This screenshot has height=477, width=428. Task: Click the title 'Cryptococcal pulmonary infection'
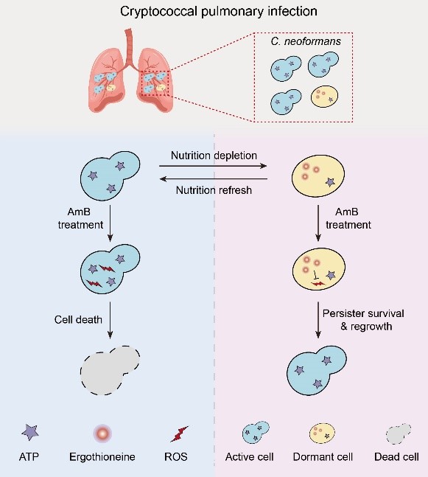[219, 12]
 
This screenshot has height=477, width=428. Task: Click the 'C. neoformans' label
[306, 41]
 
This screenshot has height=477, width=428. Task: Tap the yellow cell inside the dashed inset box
[324, 97]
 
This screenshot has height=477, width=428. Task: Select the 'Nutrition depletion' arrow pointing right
[213, 166]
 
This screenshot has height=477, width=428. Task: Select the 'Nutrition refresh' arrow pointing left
[214, 179]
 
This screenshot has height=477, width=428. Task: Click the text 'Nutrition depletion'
[214, 156]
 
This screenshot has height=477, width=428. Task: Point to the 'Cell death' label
[78, 319]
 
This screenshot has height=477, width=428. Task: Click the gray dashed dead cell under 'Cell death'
[110, 370]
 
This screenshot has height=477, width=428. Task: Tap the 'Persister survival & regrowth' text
[363, 320]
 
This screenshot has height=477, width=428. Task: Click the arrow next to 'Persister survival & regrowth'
[318, 320]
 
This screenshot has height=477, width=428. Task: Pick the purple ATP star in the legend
[30, 433]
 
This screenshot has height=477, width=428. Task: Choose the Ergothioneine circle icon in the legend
[102, 433]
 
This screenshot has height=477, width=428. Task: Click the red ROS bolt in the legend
[179, 434]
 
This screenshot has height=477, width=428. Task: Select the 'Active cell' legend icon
[256, 433]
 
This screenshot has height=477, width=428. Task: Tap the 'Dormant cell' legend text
[323, 457]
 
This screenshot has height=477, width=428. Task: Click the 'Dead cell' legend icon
[399, 434]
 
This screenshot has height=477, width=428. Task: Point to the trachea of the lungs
[129, 46]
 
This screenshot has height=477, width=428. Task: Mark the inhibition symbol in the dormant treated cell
[316, 275]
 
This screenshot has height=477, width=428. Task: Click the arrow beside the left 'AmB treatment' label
[110, 223]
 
